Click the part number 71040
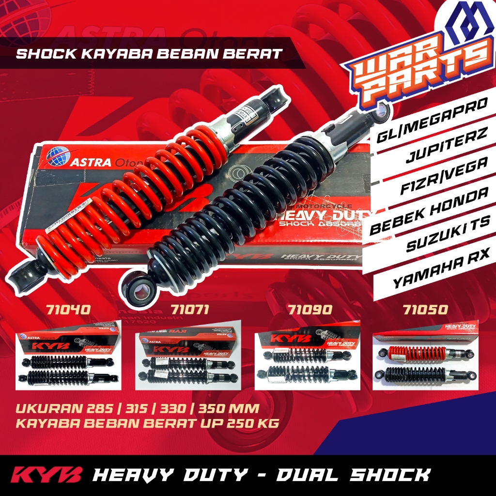[67, 309]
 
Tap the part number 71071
[190, 309]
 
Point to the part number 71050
[425, 309]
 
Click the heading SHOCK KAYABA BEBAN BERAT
[149, 53]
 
